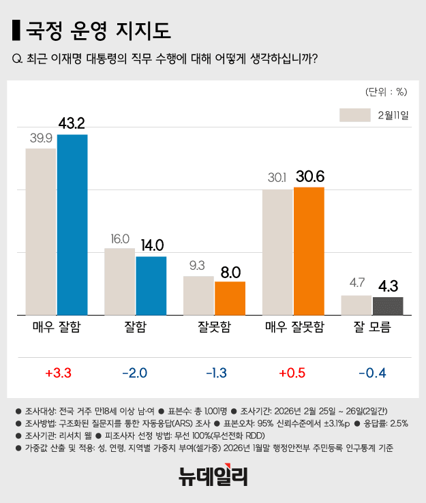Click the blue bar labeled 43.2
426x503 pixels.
pos(72,224)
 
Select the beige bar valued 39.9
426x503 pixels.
pos(41,231)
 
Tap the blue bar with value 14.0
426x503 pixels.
pos(151,285)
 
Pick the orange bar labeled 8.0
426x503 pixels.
pos(230,297)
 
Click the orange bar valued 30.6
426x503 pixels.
pos(309,250)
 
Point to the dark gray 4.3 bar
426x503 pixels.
pos(388,305)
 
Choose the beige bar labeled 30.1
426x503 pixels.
pos(277,251)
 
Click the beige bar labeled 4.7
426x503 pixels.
pos(356,305)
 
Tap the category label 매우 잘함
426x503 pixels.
pos(57,327)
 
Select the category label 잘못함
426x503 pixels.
pos(214,327)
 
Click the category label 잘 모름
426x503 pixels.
pos(372,327)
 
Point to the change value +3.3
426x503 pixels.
pos(58,373)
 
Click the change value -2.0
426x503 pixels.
pos(136,373)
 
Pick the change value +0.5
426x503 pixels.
pos(293,373)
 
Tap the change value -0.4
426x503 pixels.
pos(372,373)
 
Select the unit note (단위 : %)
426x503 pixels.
pos(386,91)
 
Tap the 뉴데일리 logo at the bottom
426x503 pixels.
pos(213,475)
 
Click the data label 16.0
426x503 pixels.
pos(120,239)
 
